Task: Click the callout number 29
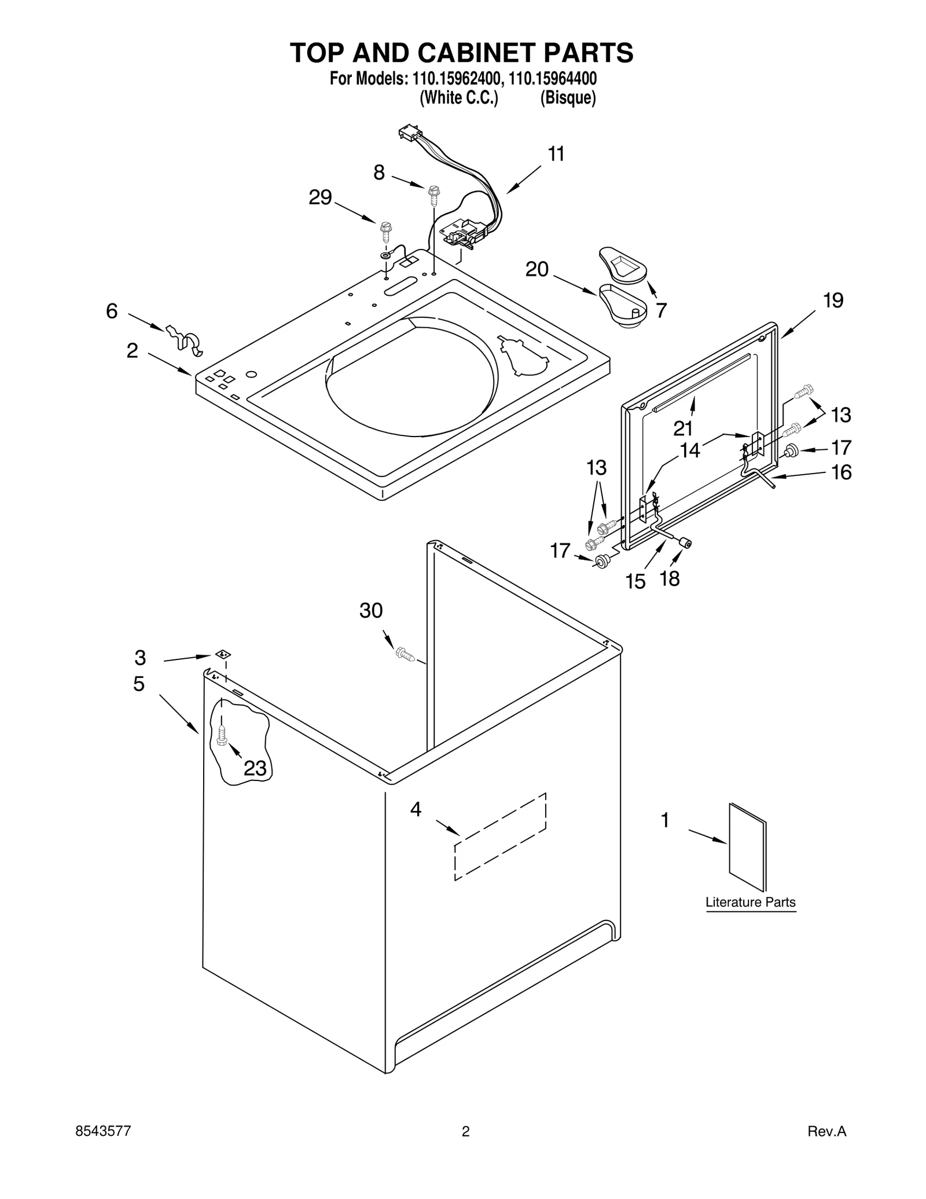(320, 198)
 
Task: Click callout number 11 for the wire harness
(556, 154)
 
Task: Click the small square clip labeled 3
(223, 654)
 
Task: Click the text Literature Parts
(750, 902)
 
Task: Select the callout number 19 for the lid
(833, 300)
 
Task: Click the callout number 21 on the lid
(683, 428)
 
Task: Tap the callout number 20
(537, 269)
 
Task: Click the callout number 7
(660, 310)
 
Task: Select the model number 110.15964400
(553, 79)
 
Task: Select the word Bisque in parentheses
(567, 98)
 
